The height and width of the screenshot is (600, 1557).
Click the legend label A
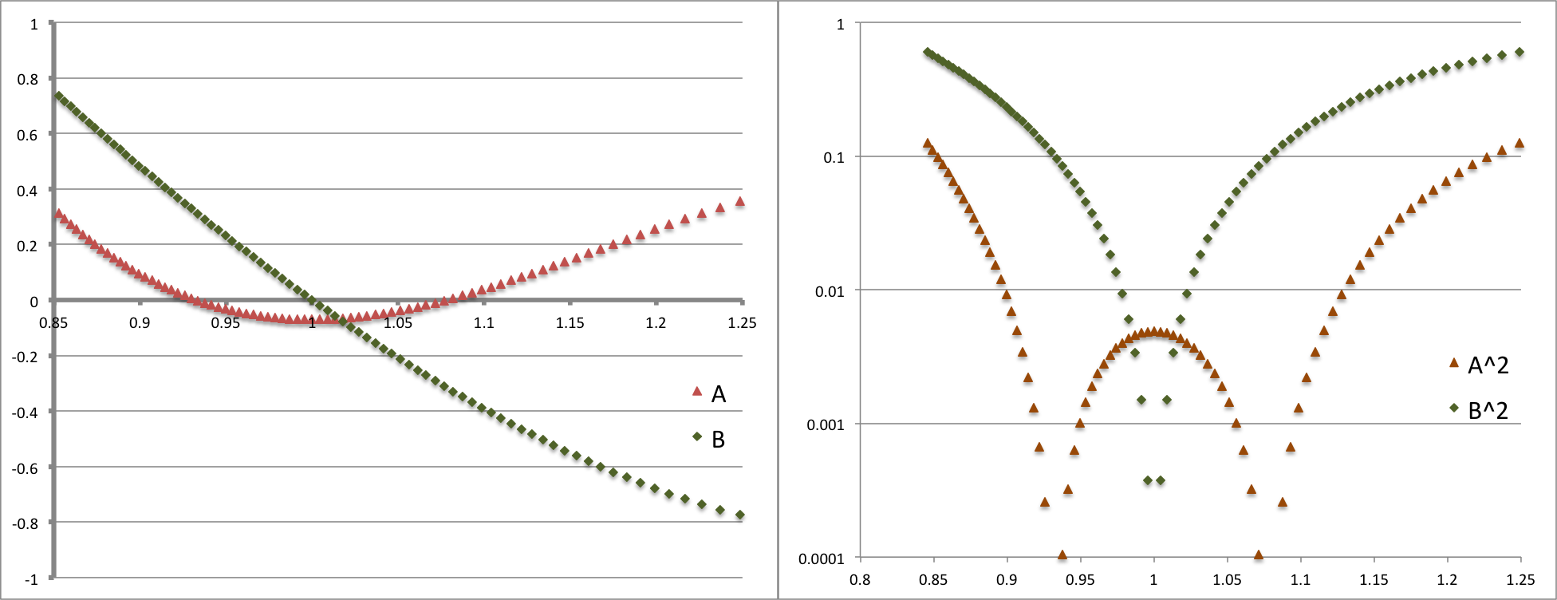[x=718, y=393]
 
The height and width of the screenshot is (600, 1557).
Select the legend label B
[x=718, y=439]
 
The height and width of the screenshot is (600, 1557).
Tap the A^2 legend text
[x=1488, y=365]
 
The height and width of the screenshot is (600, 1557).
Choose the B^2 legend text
[x=1488, y=410]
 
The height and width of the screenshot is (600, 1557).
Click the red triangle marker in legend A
[x=696, y=392]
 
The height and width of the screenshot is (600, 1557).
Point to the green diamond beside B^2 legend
[x=1454, y=409]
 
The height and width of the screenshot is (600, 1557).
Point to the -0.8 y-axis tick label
[x=25, y=523]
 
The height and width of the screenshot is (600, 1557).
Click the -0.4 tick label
[x=25, y=412]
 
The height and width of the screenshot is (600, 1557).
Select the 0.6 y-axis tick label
[x=27, y=135]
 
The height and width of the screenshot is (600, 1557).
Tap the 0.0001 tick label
[x=821, y=559]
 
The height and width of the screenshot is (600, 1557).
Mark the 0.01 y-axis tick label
[x=829, y=291]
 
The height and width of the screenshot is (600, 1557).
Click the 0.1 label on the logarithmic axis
[x=833, y=158]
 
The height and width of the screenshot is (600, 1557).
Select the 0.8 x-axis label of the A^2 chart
[x=860, y=580]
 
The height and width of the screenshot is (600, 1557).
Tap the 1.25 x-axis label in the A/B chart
[x=742, y=323]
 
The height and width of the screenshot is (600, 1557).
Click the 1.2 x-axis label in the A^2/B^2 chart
[x=1448, y=580]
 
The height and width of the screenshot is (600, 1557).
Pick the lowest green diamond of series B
[x=740, y=515]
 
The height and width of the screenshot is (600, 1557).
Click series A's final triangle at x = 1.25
[x=740, y=202]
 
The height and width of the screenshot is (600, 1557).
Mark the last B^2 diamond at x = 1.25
[x=1520, y=53]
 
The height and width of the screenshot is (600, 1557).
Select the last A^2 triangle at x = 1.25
[x=1520, y=144]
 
